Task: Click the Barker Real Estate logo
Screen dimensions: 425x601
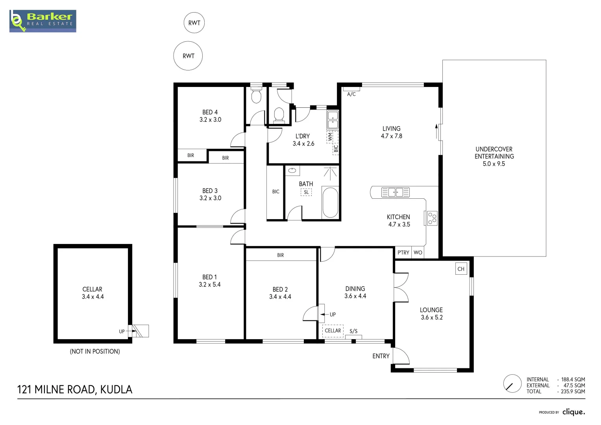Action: pyautogui.click(x=43, y=21)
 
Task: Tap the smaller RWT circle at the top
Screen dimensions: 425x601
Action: pyautogui.click(x=194, y=23)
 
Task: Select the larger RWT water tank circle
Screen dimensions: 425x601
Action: pyautogui.click(x=188, y=56)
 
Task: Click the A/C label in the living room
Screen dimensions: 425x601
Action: pyautogui.click(x=351, y=94)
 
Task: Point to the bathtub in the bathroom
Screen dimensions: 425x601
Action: pyautogui.click(x=330, y=203)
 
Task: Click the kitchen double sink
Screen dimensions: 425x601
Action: pyautogui.click(x=395, y=192)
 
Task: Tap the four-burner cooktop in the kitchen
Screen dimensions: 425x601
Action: pyautogui.click(x=432, y=218)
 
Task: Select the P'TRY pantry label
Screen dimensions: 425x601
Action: pyautogui.click(x=403, y=253)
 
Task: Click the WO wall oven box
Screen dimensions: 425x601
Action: pyautogui.click(x=418, y=253)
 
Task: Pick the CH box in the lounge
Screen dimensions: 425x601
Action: pyautogui.click(x=461, y=269)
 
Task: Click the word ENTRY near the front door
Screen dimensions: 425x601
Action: pyautogui.click(x=381, y=356)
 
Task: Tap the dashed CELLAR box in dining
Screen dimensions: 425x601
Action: pyautogui.click(x=333, y=331)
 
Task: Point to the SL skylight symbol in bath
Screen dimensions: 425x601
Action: pyautogui.click(x=306, y=192)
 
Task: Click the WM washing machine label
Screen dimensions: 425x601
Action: pyautogui.click(x=330, y=137)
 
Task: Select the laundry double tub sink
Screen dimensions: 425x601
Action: pyautogui.click(x=333, y=120)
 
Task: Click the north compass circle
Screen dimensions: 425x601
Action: pyautogui.click(x=512, y=383)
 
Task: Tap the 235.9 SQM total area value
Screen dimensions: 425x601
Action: pyautogui.click(x=573, y=392)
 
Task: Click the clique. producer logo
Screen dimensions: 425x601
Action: pyautogui.click(x=573, y=412)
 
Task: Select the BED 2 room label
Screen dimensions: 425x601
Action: pyautogui.click(x=280, y=289)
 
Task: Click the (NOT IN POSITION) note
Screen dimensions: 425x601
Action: pyautogui.click(x=95, y=351)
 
